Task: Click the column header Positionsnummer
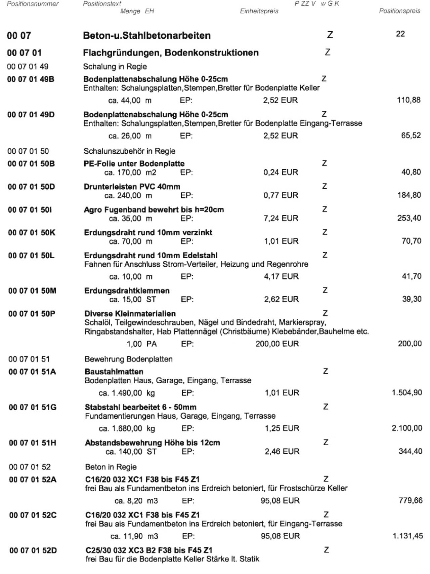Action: pos(33,4)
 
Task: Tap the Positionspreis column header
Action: pos(399,11)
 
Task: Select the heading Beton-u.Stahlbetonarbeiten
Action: pos(147,35)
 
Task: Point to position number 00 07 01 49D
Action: pos(31,115)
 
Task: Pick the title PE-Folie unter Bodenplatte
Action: pos(134,163)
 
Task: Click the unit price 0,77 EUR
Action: pos(281,195)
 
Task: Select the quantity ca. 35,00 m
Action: pos(130,218)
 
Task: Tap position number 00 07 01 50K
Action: pos(32,232)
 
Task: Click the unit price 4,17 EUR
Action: pos(281,276)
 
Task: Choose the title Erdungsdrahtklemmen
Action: pos(127,291)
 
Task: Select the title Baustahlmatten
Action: pos(114,372)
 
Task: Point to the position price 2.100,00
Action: pos(407,428)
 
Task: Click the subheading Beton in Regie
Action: pos(111,467)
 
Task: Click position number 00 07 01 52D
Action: pos(33,550)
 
